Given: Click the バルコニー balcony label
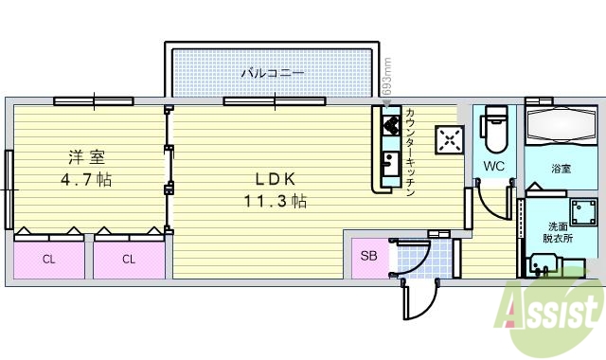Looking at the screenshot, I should click(x=272, y=72).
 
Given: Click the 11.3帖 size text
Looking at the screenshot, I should click(x=274, y=201).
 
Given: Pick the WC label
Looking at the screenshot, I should click(x=493, y=166).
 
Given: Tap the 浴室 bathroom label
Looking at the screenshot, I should click(x=561, y=170).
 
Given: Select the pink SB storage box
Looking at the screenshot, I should click(x=368, y=257).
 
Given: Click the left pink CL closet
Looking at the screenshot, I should click(x=47, y=258).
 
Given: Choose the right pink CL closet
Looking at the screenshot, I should click(x=128, y=258).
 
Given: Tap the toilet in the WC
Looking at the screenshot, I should click(x=494, y=132).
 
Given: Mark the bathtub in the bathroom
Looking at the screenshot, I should click(x=562, y=128).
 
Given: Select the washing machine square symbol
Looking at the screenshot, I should click(x=580, y=209).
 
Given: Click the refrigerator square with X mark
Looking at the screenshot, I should click(x=448, y=140).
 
